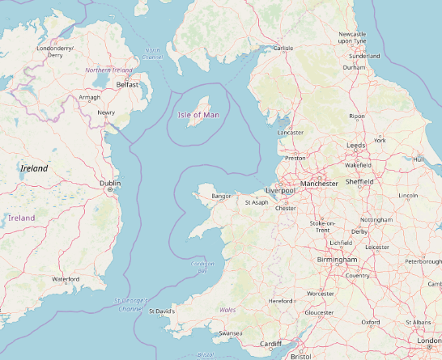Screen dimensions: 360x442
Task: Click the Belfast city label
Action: [x=127, y=84]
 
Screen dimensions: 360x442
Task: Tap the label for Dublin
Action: [x=109, y=184]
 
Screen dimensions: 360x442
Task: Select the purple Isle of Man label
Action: [x=198, y=115]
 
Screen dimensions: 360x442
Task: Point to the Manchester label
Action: [x=318, y=184]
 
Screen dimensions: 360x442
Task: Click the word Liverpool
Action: [x=280, y=190]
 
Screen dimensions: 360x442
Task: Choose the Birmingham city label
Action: [x=337, y=259]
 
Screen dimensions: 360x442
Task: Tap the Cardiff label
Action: [x=270, y=344]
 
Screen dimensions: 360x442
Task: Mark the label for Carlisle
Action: [x=283, y=49]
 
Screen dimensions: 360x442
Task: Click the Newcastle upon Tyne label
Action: [x=352, y=37]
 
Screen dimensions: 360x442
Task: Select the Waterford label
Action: [x=66, y=279]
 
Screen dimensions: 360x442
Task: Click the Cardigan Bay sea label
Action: [x=202, y=267]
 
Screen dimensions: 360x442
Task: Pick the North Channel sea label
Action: [x=152, y=53]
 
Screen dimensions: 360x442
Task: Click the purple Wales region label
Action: [x=227, y=310]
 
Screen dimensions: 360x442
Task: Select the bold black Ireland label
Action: [x=34, y=168]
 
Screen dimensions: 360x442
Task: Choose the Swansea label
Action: [x=231, y=333]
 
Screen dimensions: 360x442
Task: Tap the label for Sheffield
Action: [x=359, y=182]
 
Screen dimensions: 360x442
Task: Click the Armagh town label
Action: [x=89, y=98]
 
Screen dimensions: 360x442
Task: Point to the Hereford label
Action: [x=280, y=301]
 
